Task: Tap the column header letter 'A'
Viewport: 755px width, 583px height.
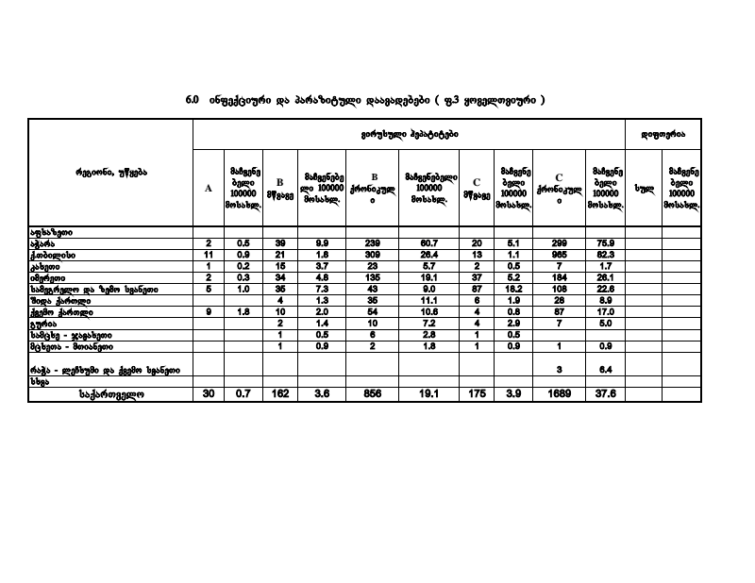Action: point(209,188)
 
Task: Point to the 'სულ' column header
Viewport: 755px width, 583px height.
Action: point(643,188)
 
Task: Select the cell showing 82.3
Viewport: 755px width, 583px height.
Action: point(604,255)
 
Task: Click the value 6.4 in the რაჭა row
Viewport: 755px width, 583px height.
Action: point(604,370)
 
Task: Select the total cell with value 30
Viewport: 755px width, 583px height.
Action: point(209,394)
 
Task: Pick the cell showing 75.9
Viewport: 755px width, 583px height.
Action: point(604,243)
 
